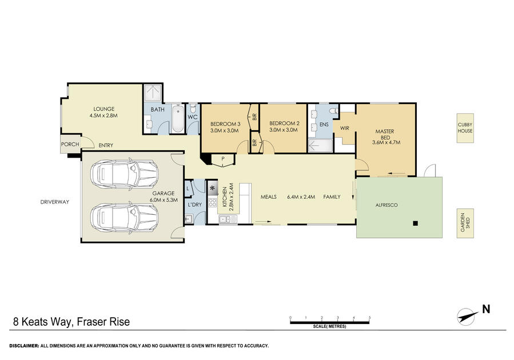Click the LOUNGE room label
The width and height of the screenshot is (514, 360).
click(104, 109)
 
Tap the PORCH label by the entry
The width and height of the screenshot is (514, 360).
click(70, 144)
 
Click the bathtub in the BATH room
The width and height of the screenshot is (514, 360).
click(178, 119)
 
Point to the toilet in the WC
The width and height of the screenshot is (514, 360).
click(193, 108)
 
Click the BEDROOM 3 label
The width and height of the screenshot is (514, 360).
click(225, 124)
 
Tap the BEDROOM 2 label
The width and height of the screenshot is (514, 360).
click(284, 123)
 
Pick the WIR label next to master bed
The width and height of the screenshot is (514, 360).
click(345, 128)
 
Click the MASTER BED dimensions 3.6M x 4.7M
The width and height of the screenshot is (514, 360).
click(386, 142)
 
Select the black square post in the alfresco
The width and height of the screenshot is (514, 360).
click(415, 223)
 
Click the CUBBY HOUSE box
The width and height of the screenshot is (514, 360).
click(465, 128)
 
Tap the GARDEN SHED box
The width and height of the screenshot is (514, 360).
click(465, 223)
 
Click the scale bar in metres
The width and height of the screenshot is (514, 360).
click(330, 323)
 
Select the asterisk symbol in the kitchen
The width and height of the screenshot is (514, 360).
click(213, 189)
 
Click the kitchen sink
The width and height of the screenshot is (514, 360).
click(228, 219)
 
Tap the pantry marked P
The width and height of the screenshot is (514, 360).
click(223, 161)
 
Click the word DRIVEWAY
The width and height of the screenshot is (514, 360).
click(55, 202)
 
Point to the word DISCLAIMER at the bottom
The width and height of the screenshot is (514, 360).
click(24, 346)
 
